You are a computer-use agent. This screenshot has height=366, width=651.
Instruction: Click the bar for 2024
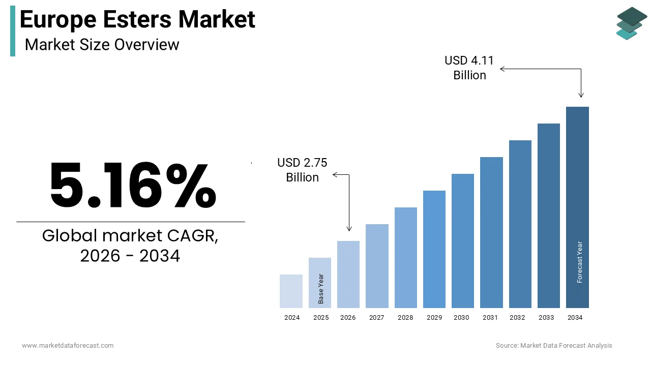pyautogui.click(x=291, y=291)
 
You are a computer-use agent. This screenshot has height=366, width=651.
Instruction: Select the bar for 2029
pyautogui.click(x=434, y=249)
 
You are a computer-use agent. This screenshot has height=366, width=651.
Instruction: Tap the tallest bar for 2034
pyautogui.click(x=577, y=207)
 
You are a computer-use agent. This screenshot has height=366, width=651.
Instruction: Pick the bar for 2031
pyautogui.click(x=491, y=232)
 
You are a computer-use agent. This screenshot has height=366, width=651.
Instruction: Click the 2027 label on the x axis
pyautogui.click(x=377, y=318)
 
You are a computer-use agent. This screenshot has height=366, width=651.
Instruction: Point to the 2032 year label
pyautogui.click(x=517, y=318)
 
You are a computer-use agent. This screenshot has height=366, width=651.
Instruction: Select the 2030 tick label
pyautogui.click(x=461, y=318)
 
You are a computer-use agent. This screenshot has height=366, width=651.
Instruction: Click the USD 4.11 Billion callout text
pyautogui.click(x=469, y=68)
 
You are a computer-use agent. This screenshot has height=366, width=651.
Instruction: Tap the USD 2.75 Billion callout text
pyautogui.click(x=302, y=170)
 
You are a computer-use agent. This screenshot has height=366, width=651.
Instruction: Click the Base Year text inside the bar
pyautogui.click(x=321, y=289)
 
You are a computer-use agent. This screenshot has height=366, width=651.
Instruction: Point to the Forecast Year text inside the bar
pyautogui.click(x=580, y=262)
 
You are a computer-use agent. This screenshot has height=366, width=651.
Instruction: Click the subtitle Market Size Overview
pyautogui.click(x=102, y=45)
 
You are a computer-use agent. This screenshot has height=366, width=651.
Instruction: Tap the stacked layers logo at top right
pyautogui.click(x=632, y=23)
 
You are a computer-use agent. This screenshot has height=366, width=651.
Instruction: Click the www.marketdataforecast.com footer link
pyautogui.click(x=68, y=346)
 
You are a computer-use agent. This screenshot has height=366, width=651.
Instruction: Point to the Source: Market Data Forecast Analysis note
pyautogui.click(x=554, y=346)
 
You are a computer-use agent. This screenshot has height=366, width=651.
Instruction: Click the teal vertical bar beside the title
pyautogui.click(x=13, y=31)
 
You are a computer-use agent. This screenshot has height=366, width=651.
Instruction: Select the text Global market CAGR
pyautogui.click(x=130, y=236)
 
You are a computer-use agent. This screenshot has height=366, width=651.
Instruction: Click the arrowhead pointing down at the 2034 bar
pyautogui.click(x=581, y=95)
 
